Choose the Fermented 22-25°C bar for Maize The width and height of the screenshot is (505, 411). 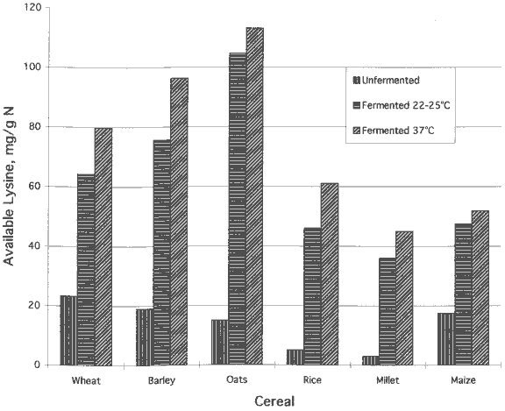[463, 294]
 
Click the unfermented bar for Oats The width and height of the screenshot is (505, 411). [219, 342]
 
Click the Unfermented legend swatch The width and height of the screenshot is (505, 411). [356, 80]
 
